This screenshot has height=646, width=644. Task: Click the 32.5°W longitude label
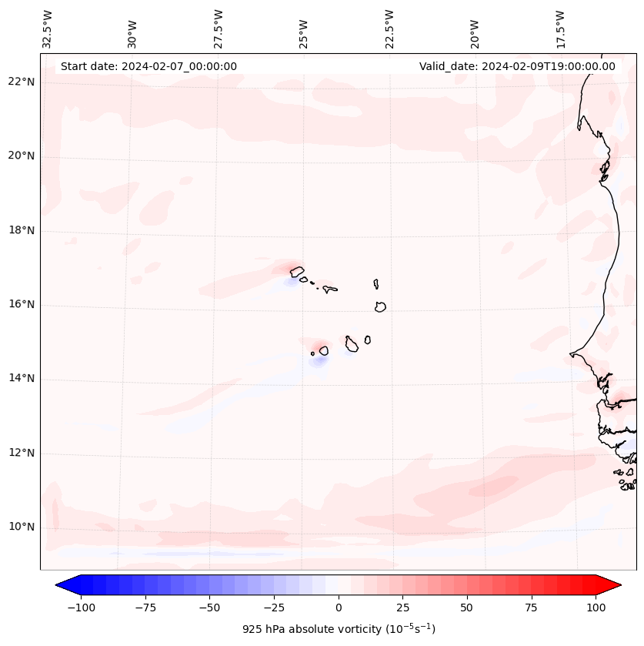coord(48,28)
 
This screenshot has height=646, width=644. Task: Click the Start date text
coord(148,66)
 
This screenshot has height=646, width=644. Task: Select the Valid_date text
coord(517,66)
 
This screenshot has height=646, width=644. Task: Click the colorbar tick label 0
coord(338,608)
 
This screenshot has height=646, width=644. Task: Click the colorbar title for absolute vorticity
coord(339,629)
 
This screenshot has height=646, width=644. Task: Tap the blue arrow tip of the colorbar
coord(60,585)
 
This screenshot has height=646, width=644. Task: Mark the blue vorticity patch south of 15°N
coord(318,360)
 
